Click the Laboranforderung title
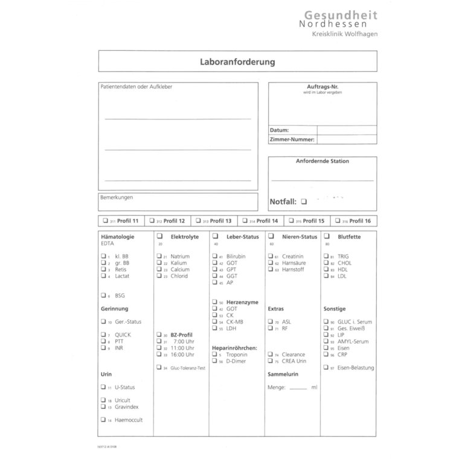(237, 62)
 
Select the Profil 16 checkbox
(337, 221)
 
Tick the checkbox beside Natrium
(159, 257)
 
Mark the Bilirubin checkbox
(214, 257)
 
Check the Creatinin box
(270, 257)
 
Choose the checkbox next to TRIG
(326, 257)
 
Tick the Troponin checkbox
(214, 355)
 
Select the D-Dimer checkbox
(214, 361)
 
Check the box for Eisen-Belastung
(326, 367)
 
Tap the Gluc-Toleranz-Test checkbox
(159, 367)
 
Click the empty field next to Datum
(346, 130)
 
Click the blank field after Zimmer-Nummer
(346, 140)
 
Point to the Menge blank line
(298, 388)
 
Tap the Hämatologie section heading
(117, 237)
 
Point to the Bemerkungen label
(117, 197)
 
